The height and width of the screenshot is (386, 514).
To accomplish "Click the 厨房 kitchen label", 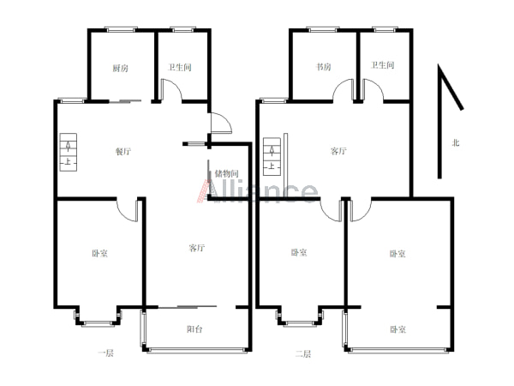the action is [x=120, y=69].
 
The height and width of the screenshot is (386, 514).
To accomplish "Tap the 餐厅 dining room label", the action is [x=123, y=151].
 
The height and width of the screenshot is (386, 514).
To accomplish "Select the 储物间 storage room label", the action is [x=226, y=173].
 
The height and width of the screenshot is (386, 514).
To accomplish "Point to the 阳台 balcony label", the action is [x=194, y=329].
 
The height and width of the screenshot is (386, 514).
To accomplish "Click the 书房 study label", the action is [x=323, y=67].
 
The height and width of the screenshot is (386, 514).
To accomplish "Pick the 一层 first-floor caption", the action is [x=105, y=353].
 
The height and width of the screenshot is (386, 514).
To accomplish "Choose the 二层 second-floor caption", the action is [x=303, y=353].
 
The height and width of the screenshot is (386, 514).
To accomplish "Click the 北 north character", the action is [x=456, y=142].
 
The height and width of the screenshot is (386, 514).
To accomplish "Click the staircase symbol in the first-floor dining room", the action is [x=69, y=152].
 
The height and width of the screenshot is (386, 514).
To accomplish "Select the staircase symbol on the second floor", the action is [x=272, y=157].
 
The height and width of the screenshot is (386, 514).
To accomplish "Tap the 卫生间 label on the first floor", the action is [x=180, y=67].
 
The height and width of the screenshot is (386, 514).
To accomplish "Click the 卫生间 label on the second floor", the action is [x=382, y=65].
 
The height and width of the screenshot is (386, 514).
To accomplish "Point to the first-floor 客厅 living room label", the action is [x=197, y=248].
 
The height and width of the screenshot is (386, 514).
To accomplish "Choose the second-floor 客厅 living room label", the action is [x=338, y=151].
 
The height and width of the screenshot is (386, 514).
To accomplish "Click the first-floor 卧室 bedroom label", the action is [x=99, y=253].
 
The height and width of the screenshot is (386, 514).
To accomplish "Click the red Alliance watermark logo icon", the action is [x=204, y=191].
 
